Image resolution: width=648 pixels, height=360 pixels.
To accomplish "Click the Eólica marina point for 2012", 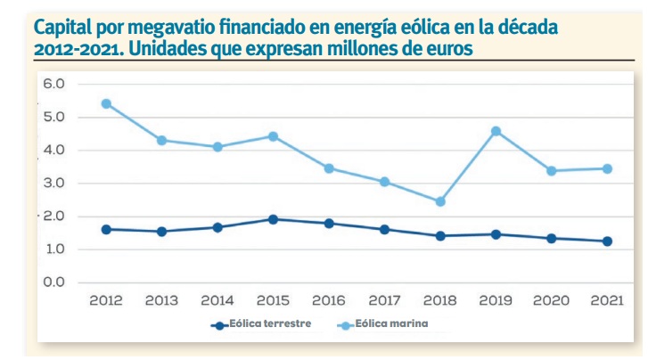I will (106, 103).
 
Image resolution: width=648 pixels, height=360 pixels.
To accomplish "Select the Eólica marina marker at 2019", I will (496, 131).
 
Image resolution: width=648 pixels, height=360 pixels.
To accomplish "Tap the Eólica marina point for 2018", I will (439, 201).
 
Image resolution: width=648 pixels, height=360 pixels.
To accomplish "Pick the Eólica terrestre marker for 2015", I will (273, 219).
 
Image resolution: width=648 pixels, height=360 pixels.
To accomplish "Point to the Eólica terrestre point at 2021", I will (607, 241).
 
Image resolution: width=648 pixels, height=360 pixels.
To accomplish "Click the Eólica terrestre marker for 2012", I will (106, 229).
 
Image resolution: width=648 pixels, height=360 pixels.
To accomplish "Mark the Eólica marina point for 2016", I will (329, 168).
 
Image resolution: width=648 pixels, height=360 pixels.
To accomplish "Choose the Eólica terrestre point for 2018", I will (439, 236).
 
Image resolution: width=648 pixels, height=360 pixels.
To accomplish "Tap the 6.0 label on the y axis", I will (53, 84).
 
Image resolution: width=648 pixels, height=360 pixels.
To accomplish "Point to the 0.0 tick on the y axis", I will (53, 282).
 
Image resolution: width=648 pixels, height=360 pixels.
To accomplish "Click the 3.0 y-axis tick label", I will (53, 184).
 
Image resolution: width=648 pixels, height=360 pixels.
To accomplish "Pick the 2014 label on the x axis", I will (217, 301).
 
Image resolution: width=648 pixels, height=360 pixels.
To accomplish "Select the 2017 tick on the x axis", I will (384, 301).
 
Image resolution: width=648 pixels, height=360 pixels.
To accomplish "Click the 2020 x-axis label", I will (551, 301).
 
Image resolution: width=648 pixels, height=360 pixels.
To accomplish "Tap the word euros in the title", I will (453, 46).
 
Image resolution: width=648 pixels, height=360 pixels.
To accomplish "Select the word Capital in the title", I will (63, 29).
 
